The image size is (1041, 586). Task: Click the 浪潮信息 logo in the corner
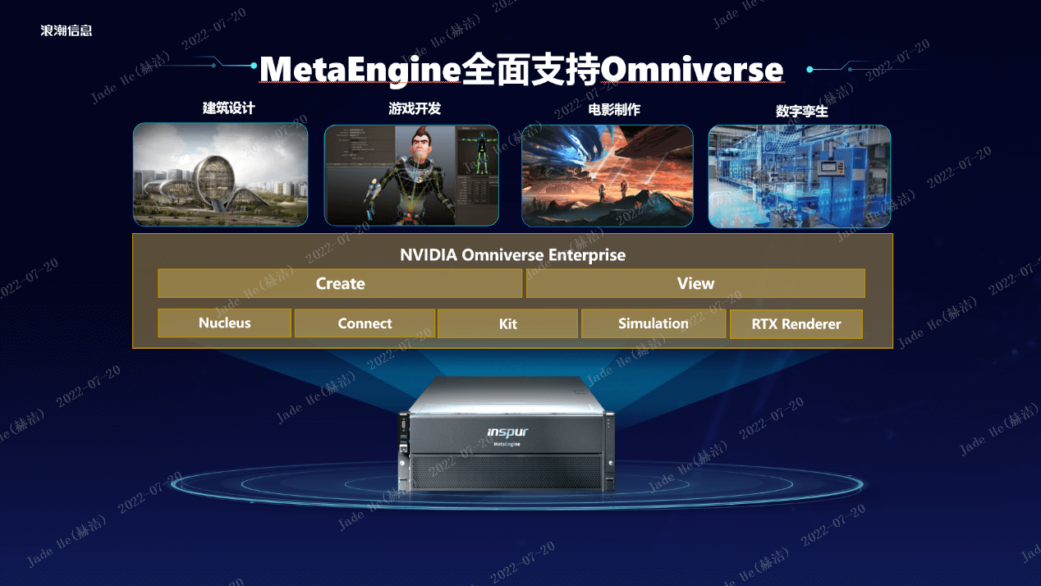[66, 30]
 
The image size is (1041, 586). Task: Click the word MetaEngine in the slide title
[360, 70]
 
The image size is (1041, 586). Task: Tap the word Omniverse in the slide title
[692, 70]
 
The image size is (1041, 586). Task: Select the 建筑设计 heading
[229, 108]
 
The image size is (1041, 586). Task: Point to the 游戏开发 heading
[415, 108]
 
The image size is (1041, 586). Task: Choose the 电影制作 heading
[614, 110]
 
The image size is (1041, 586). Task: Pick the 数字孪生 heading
[801, 111]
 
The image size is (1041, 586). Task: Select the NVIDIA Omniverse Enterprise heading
[512, 255]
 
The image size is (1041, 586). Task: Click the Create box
[340, 283]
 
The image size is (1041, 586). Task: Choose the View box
[695, 283]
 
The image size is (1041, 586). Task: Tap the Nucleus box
[224, 323]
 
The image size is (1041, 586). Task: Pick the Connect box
[365, 323]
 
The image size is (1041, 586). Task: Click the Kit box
[508, 324]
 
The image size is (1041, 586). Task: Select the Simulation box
[653, 323]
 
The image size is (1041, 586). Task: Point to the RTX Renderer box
[796, 324]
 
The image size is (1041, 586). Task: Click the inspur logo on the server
[507, 433]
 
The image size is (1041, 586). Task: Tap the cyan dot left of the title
[254, 66]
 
